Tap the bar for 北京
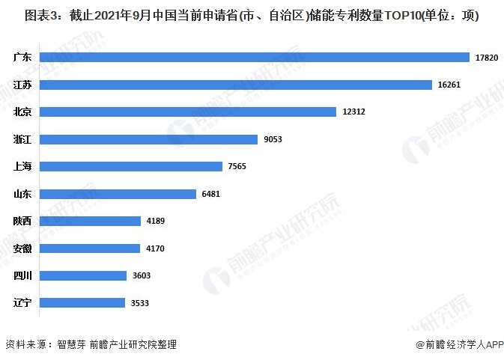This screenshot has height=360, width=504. click(x=188, y=112)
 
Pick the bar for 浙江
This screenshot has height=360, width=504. click(x=148, y=139)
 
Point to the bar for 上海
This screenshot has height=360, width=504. click(x=131, y=166)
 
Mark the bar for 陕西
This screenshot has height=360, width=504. click(x=91, y=221)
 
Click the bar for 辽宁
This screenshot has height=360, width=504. click(x=82, y=302)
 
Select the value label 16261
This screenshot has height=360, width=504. click(x=449, y=85)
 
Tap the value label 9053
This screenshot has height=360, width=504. click(x=273, y=139)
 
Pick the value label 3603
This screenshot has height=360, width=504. click(x=142, y=275)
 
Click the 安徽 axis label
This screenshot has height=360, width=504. click(x=22, y=248)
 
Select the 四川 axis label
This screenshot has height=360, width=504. click(x=22, y=275)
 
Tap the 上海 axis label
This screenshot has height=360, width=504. click(x=22, y=166)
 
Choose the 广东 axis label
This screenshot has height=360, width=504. click(x=22, y=57)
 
